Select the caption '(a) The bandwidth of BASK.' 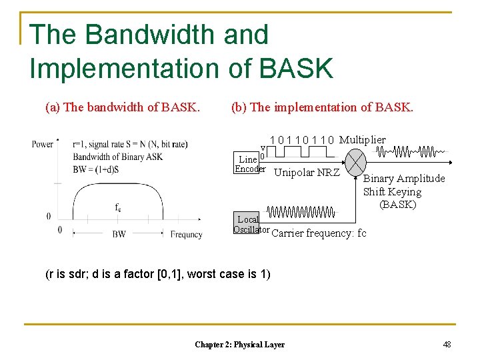(x=123, y=107)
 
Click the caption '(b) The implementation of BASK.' (x=322, y=107)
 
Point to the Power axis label (x=42, y=144)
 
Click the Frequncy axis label (x=186, y=235)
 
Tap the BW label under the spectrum (x=119, y=235)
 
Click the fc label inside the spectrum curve (x=118, y=207)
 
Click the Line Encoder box (x=249, y=163)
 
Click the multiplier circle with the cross (x=357, y=162)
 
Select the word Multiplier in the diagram (x=362, y=140)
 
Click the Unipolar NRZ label (x=307, y=173)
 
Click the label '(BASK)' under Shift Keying (x=397, y=205)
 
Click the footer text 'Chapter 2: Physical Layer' (x=239, y=345)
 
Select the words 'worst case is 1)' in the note (x=231, y=274)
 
